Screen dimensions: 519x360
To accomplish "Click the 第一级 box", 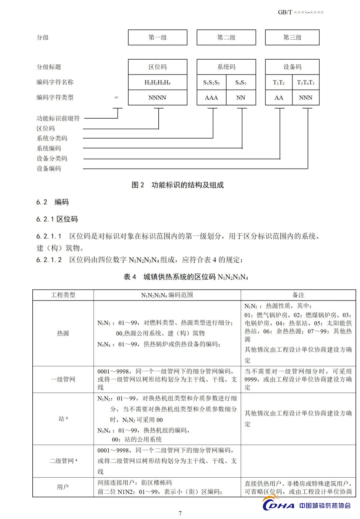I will click(158, 38).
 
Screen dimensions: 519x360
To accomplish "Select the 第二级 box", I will click(226, 38).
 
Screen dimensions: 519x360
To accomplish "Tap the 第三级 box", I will click(292, 38).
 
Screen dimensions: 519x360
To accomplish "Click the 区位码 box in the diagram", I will click(158, 67).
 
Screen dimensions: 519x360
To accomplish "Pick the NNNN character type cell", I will click(157, 98).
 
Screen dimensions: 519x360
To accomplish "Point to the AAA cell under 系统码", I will click(211, 98).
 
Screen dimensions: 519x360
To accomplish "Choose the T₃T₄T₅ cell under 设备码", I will click(306, 83).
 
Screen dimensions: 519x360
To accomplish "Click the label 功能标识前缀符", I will click(58, 118).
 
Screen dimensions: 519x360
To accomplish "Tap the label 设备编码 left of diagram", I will click(49, 169).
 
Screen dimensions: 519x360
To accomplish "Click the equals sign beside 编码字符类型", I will click(116, 98).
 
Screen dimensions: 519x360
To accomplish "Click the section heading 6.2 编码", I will click(52, 202).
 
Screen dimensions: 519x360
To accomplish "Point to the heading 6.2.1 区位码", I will click(57, 219).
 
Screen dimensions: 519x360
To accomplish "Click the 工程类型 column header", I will click(63, 295).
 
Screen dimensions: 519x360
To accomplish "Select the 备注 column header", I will click(298, 295).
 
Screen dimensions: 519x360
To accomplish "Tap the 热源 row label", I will click(63, 333).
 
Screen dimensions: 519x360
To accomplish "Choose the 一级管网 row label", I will click(63, 379).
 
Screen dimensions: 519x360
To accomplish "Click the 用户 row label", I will click(63, 487).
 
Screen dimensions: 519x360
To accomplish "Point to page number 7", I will click(180, 513).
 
